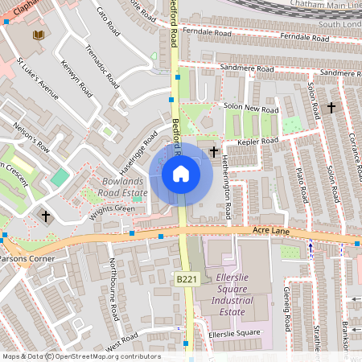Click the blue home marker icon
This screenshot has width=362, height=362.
tap(181, 174)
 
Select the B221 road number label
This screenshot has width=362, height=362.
tap(187, 279)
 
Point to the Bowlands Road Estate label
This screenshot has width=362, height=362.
tap(125, 187)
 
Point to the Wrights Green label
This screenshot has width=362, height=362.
tap(112, 209)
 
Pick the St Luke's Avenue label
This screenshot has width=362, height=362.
tap(38, 78)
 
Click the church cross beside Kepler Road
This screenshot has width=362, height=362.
tap(214, 150)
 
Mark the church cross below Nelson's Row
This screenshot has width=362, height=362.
tap(46, 216)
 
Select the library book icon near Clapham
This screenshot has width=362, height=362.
tap(38, 35)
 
